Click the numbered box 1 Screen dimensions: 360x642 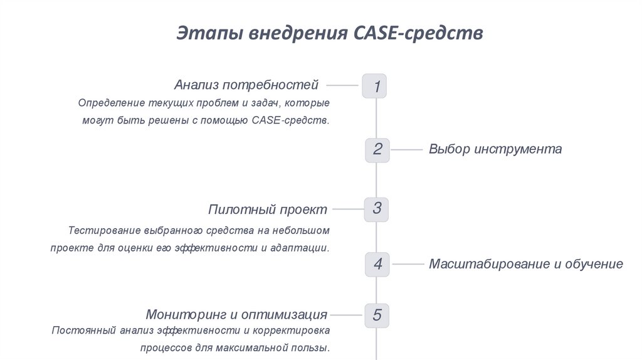(x=376, y=86)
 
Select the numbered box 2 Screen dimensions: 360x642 (x=377, y=149)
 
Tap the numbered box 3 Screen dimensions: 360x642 (x=377, y=208)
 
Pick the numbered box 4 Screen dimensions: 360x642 (x=377, y=264)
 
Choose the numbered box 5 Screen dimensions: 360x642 (x=377, y=315)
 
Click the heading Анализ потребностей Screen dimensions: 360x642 (x=246, y=85)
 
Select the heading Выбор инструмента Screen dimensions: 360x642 (x=495, y=149)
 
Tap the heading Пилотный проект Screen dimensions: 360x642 (x=268, y=209)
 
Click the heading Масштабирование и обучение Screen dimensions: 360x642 (x=526, y=264)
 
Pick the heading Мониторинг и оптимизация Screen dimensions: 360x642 (x=236, y=314)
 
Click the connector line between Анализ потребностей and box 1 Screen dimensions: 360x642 (x=342, y=85)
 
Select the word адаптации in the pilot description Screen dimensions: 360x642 (x=298, y=248)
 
